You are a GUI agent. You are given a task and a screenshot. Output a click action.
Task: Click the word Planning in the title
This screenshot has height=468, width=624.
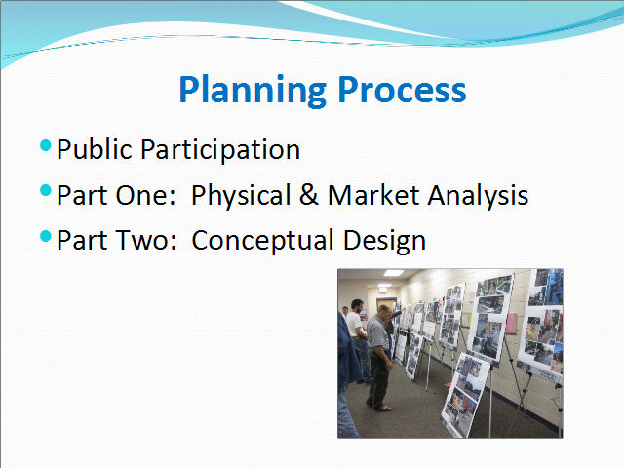point(253,91)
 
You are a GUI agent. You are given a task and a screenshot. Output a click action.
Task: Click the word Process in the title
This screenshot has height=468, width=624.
point(402,90)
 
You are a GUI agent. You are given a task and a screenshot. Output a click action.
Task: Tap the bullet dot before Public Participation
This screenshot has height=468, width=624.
point(46,145)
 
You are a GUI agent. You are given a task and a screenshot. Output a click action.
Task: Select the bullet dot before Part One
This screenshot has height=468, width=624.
point(46,190)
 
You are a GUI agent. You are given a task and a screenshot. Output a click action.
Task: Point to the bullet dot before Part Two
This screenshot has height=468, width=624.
point(46,236)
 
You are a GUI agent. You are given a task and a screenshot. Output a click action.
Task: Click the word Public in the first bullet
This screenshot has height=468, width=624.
point(95,149)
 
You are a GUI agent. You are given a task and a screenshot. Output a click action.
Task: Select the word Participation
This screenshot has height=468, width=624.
point(220,151)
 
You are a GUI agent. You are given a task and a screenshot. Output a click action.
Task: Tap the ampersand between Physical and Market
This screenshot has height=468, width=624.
point(309,195)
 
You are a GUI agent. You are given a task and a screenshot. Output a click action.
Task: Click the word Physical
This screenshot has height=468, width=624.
point(241,197)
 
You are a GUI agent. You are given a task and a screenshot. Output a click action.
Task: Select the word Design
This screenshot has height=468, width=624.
point(384,242)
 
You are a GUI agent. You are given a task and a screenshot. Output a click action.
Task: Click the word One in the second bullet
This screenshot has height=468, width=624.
point(145,195)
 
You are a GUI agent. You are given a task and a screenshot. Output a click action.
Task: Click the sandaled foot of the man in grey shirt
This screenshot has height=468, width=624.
point(383,408)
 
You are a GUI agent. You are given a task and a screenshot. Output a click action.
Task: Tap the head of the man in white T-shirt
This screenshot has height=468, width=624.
point(357,306)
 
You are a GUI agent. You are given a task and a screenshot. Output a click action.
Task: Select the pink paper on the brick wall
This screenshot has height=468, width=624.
point(511,323)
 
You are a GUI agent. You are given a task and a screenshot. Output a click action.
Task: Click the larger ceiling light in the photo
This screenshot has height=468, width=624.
point(394,273)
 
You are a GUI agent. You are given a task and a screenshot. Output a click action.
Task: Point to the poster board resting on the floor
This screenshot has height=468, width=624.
point(465,394)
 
